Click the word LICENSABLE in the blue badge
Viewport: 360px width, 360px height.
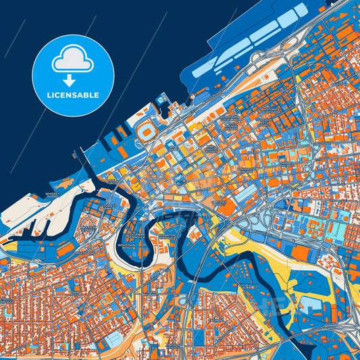point(72,95)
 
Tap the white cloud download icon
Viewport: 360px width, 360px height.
point(72,63)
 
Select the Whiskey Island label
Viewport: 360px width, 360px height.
point(53,195)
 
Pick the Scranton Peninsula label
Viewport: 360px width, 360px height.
point(165,238)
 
